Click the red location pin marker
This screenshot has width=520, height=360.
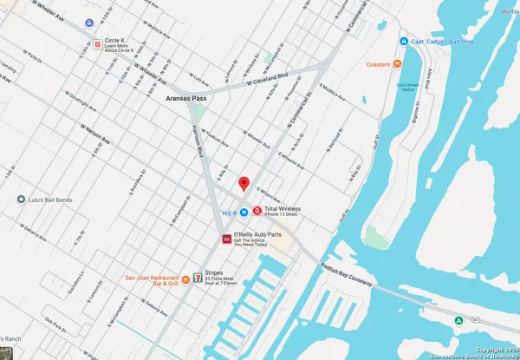pos(244,183)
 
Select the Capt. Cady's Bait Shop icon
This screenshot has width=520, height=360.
pos(404,41)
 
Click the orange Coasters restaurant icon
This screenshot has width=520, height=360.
pos(396,62)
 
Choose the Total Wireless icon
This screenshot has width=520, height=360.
pos(256,211)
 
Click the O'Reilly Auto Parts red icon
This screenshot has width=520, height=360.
pos(227,238)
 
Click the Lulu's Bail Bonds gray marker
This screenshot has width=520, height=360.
pos(21,200)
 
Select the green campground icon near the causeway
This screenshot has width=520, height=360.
pos(458,320)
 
